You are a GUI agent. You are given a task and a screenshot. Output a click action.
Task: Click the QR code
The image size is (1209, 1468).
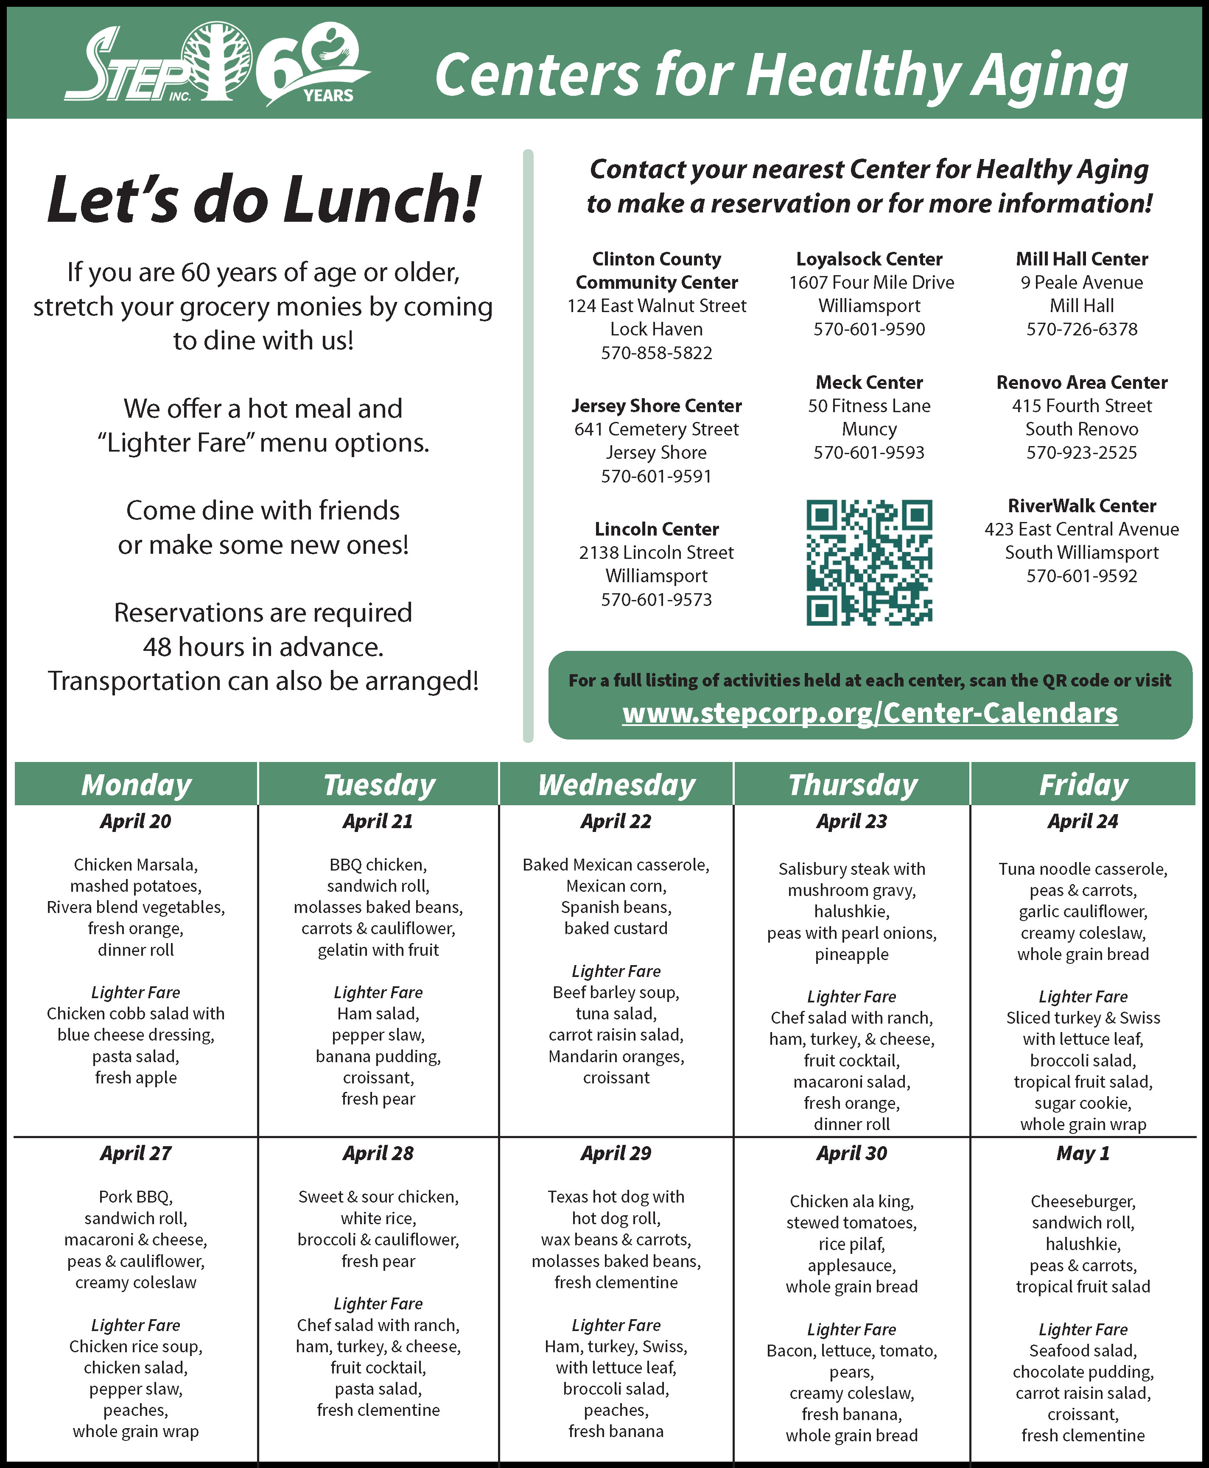(x=869, y=562)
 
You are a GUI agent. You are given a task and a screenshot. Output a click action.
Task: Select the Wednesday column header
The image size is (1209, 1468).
(x=616, y=784)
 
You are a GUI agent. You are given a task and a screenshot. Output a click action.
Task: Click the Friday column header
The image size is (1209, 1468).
(x=1083, y=784)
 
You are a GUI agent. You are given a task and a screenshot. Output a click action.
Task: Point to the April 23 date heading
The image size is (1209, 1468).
(x=852, y=821)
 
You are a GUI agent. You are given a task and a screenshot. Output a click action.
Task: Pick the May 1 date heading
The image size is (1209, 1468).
(x=1083, y=1153)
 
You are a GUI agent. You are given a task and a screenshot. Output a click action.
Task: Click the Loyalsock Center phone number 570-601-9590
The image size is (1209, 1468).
(x=869, y=329)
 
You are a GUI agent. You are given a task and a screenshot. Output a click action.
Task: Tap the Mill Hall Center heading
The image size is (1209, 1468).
(x=1082, y=259)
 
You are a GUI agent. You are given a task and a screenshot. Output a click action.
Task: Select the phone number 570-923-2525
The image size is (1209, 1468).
(x=1082, y=452)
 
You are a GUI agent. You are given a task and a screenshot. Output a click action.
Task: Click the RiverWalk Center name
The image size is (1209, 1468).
(x=1082, y=506)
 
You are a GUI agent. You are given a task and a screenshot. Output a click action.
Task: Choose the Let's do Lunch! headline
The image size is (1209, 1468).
(x=264, y=200)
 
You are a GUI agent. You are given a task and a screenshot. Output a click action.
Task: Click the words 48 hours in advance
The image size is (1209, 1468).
(x=263, y=647)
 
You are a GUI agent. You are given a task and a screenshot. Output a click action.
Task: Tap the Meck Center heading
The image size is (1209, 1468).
(x=869, y=382)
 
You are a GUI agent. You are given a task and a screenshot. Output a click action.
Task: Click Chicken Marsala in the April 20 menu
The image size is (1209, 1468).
(x=136, y=865)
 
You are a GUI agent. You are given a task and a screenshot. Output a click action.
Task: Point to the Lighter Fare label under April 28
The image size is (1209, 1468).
(x=378, y=1303)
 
